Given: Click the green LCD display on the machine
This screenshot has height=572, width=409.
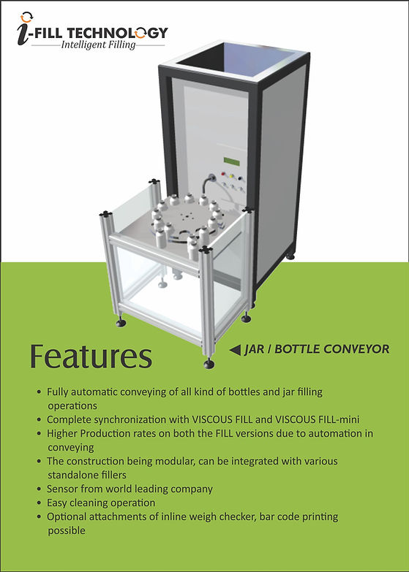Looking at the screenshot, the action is (x=232, y=161).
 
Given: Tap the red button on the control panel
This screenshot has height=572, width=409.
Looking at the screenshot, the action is (x=223, y=173).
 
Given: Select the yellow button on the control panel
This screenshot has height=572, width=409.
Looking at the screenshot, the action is (x=231, y=176).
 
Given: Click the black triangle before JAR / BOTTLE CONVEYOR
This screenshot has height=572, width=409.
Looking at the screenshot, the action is (x=235, y=350).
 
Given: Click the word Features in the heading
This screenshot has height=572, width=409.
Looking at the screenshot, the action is (x=91, y=356).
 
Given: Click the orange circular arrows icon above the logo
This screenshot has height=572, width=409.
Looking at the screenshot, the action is (x=26, y=17).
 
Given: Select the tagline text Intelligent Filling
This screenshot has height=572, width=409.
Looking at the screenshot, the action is (x=98, y=45).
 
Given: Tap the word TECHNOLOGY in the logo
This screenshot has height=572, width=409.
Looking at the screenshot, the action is (x=117, y=33).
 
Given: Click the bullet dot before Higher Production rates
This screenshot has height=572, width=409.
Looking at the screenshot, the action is (x=39, y=434).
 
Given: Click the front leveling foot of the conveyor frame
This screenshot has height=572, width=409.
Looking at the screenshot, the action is (x=209, y=363).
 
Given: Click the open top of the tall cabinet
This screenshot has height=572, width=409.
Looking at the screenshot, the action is (x=236, y=59).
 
